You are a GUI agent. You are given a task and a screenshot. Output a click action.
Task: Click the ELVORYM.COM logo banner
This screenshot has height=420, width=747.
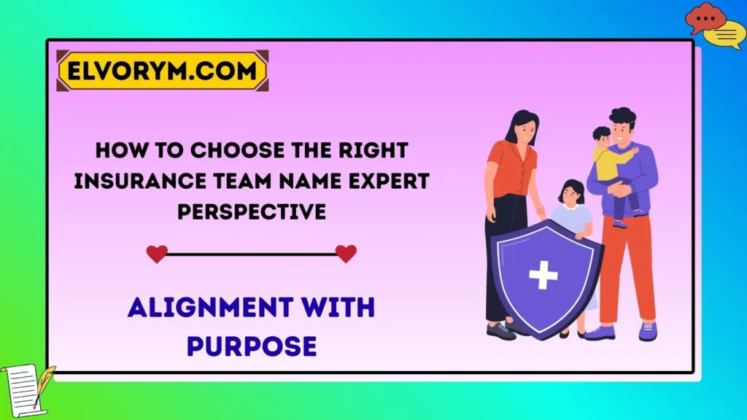click(162, 71)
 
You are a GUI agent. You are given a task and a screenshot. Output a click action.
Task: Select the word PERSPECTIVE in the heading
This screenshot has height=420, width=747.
click(252, 211)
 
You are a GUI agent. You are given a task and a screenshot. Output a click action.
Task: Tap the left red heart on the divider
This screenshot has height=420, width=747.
click(156, 254)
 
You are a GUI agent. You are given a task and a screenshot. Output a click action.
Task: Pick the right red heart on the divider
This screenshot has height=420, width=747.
click(346, 254)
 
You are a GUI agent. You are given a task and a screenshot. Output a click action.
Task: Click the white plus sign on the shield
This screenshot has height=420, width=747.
click(543, 274)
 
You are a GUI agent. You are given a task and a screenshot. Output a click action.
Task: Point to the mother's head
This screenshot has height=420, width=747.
click(522, 128)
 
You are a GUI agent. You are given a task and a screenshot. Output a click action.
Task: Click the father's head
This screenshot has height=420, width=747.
click(622, 126)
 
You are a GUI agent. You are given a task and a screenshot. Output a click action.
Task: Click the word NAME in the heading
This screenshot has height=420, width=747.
click(306, 181)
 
